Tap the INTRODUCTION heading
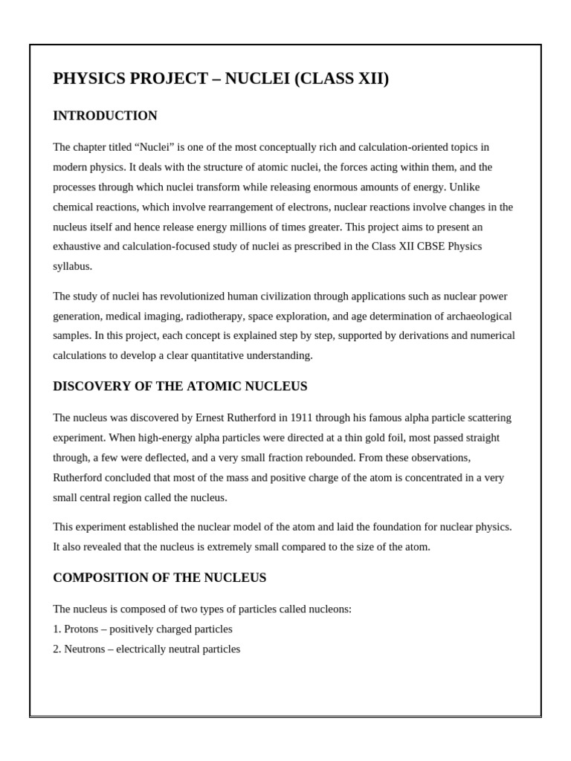pos(105,116)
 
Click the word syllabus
pos(72,266)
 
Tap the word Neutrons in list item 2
pos(86,649)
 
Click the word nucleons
pos(329,609)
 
